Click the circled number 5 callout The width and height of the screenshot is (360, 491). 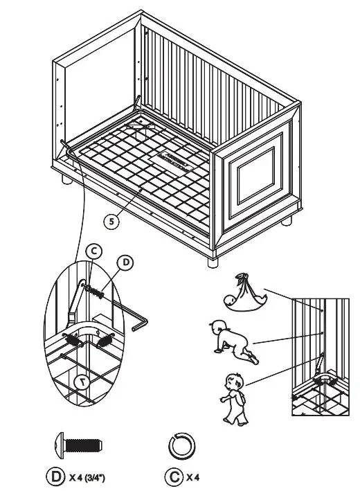click(111, 222)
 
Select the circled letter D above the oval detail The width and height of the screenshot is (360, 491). click(125, 262)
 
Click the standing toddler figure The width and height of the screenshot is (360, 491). click(234, 398)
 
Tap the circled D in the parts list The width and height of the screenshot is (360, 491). click(55, 476)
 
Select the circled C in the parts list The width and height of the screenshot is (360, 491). click(173, 476)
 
